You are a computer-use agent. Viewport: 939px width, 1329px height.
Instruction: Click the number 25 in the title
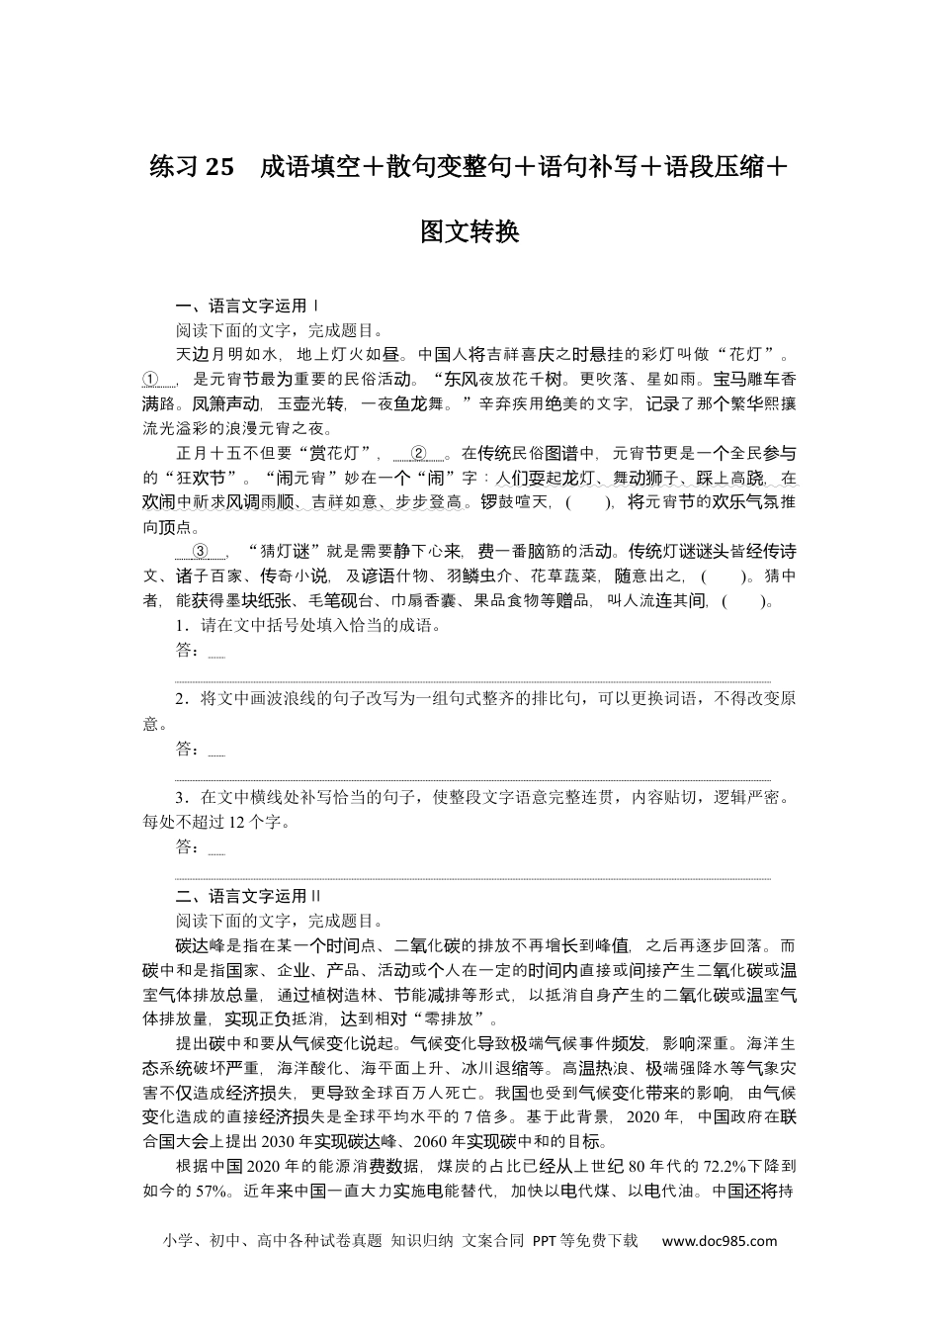[219, 168]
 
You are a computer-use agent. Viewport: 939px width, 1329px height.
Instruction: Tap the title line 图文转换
[469, 231]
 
